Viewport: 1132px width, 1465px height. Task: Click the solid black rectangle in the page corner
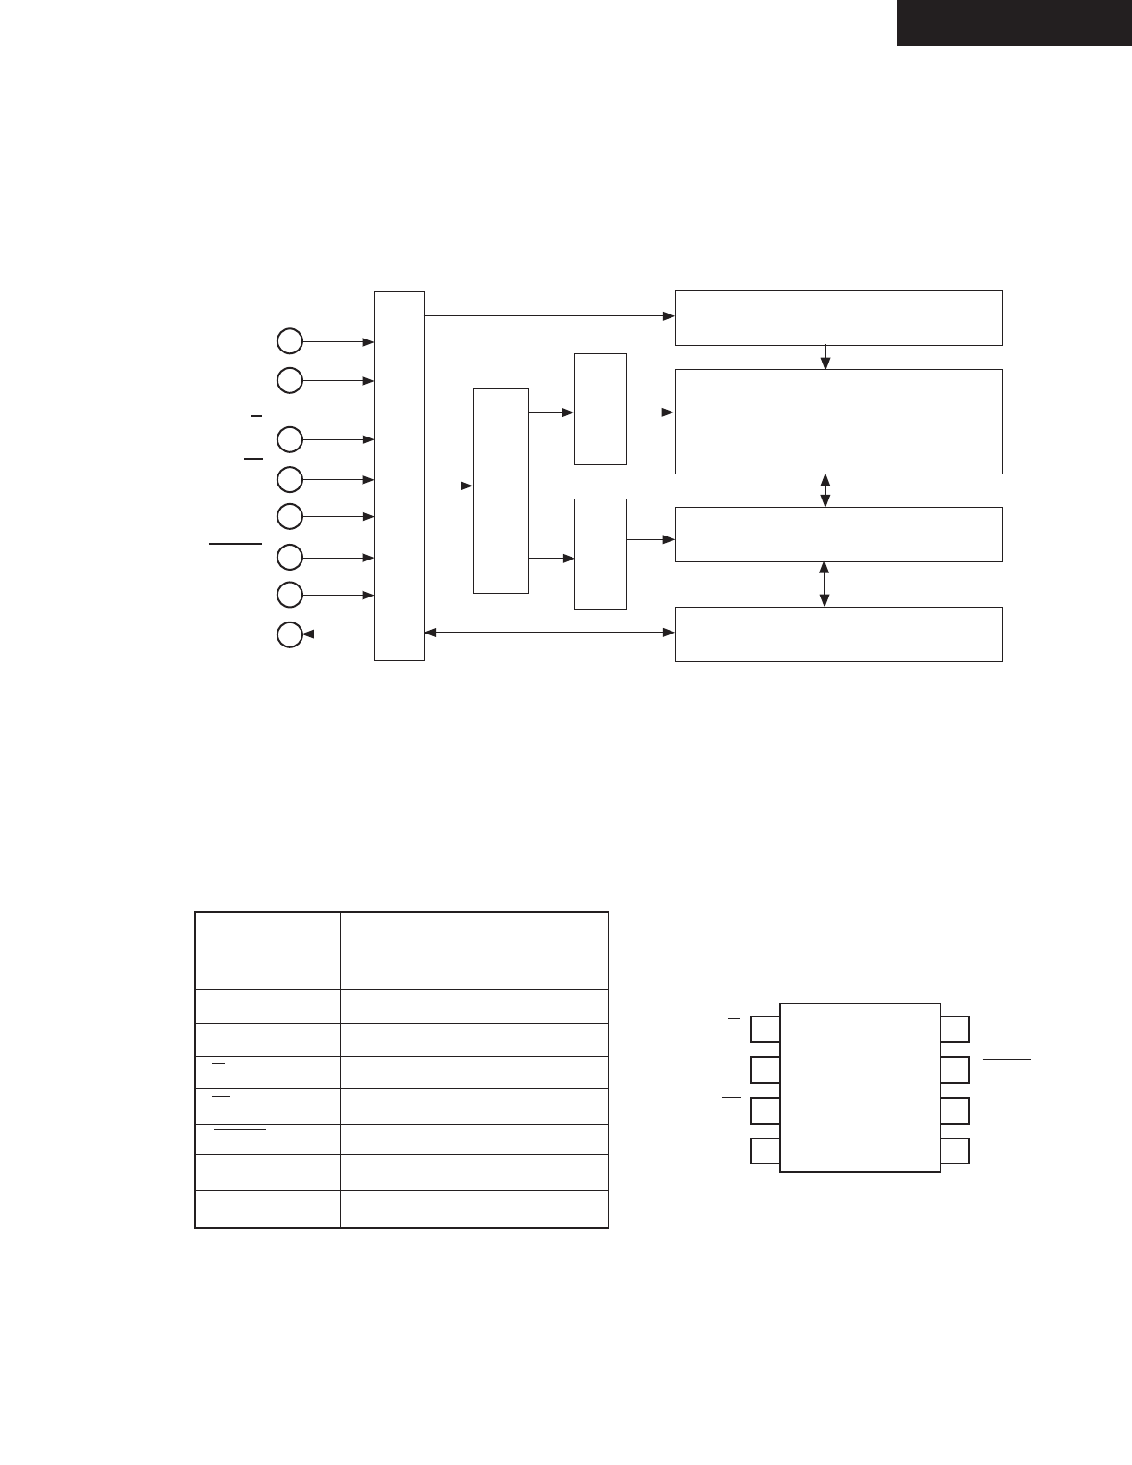coord(1014,22)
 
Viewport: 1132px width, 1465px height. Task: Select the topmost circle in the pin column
coord(290,341)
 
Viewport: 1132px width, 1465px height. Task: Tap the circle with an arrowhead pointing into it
coord(290,634)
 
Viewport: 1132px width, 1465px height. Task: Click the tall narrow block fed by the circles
coord(399,476)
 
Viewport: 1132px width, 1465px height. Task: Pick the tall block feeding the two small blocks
coord(500,490)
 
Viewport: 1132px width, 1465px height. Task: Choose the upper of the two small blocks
coord(600,409)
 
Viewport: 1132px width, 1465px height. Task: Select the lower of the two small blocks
coord(600,554)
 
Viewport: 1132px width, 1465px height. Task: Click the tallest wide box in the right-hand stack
coord(838,422)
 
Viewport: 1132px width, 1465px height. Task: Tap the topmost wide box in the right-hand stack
coord(838,317)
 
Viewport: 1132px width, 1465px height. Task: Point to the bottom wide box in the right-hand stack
coord(838,634)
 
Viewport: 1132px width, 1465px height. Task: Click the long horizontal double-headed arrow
coord(549,633)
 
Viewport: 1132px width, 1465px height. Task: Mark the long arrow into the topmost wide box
coord(549,315)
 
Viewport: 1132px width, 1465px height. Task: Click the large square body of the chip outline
coord(860,1087)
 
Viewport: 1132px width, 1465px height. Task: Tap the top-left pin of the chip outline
coord(765,1028)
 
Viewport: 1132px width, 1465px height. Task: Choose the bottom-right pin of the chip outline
coord(955,1151)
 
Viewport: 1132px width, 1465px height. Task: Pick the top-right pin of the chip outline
coord(955,1028)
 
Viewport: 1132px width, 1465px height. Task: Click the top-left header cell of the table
coord(268,933)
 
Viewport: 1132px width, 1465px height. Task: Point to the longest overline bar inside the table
coord(240,1129)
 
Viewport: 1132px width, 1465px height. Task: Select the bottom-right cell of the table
coord(474,1209)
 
